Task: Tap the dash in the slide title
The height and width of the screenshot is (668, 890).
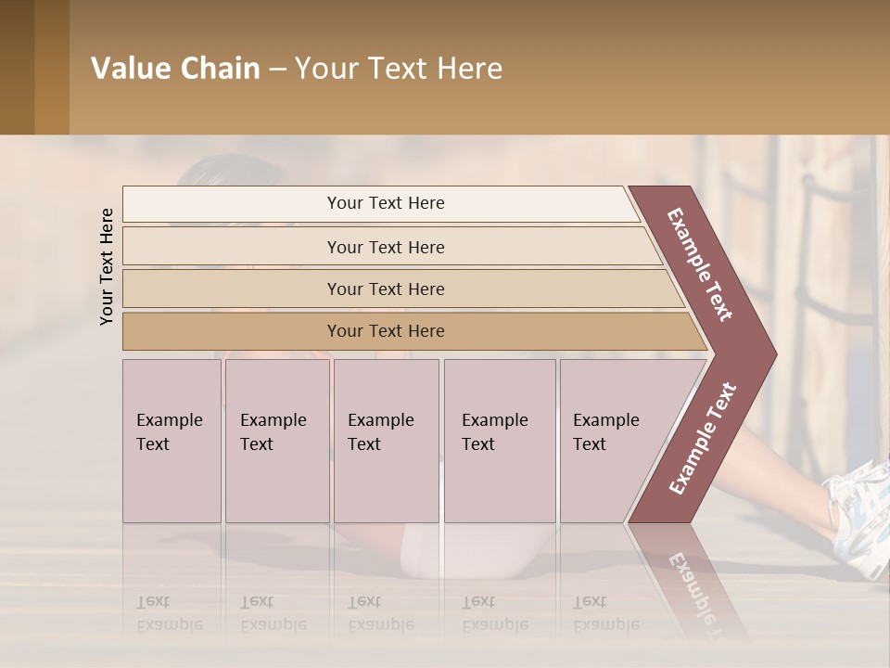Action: point(277,70)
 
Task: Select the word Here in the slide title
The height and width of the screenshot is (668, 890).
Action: point(469,69)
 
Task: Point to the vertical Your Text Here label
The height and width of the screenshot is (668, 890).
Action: point(107,266)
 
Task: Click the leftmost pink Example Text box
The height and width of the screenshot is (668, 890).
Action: point(172,441)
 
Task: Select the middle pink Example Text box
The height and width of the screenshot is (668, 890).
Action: point(386,441)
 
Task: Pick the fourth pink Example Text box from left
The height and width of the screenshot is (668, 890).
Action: point(499,441)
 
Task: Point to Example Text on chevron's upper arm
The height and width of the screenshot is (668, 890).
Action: point(700,264)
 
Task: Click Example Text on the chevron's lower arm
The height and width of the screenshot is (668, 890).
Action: point(702,438)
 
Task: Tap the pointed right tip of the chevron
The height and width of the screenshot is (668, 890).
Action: point(771,354)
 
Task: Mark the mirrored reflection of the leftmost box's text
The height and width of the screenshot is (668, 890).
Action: point(170,613)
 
